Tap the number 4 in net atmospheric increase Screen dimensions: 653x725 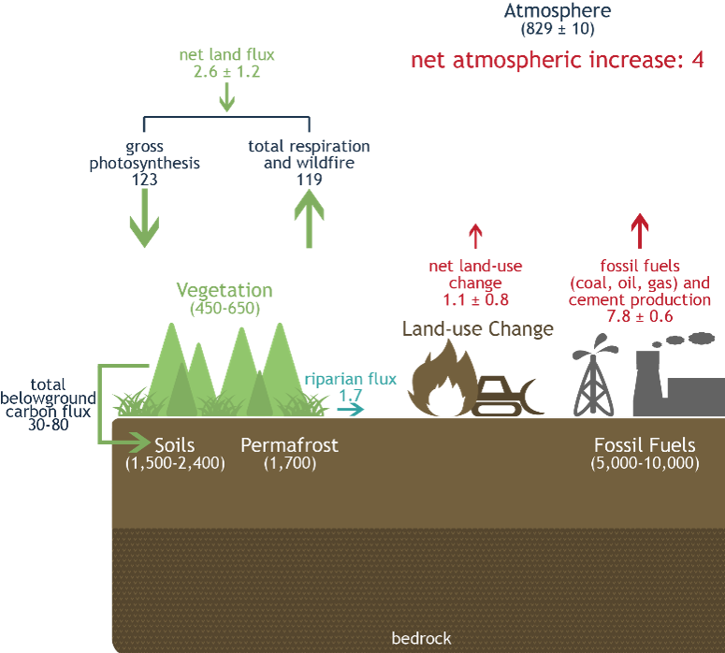pyautogui.click(x=698, y=62)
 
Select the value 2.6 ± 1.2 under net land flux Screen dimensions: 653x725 pyautogui.click(x=226, y=71)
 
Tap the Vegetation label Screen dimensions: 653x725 pyautogui.click(x=225, y=291)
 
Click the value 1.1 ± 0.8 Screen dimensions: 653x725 pyautogui.click(x=475, y=300)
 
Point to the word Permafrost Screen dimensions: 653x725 pyautogui.click(x=289, y=445)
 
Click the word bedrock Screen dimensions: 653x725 pyautogui.click(x=421, y=639)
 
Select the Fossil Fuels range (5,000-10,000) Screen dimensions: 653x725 pyautogui.click(x=645, y=463)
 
